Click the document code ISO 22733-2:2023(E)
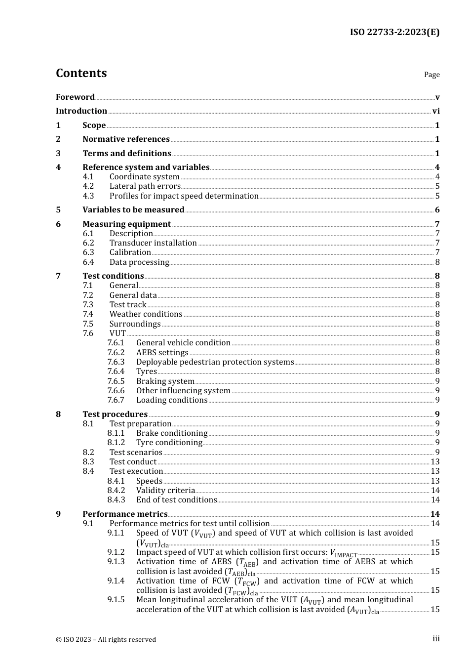click(x=394, y=33)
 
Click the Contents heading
click(x=81, y=73)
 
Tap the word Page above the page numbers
click(x=431, y=75)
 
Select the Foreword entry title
click(x=75, y=97)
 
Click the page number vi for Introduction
click(x=436, y=111)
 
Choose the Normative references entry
click(x=126, y=139)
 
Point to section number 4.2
click(x=88, y=186)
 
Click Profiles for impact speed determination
click(x=184, y=196)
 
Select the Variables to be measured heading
click(x=133, y=210)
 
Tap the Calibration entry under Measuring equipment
click(x=130, y=252)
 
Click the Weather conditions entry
click(x=146, y=314)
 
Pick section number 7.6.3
click(x=116, y=362)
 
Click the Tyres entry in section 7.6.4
click(x=146, y=372)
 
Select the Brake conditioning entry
click(x=172, y=433)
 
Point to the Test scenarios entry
click(x=136, y=453)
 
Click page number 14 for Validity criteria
click(x=435, y=491)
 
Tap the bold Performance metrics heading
click(x=125, y=514)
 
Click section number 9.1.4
click(x=116, y=581)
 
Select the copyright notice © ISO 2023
click(x=106, y=639)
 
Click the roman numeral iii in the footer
click(x=436, y=639)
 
